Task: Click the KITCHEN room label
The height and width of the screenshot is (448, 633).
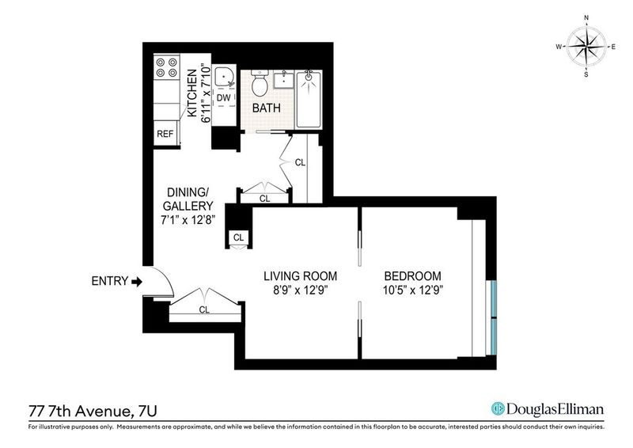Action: [192, 93]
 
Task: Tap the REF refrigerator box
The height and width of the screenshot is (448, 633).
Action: [165, 133]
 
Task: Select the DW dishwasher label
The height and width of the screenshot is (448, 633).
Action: [224, 98]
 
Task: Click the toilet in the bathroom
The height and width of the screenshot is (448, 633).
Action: [260, 83]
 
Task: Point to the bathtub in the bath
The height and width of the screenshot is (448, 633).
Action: [309, 100]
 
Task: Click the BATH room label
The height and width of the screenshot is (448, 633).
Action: [267, 108]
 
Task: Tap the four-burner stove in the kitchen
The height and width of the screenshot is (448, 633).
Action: [167, 67]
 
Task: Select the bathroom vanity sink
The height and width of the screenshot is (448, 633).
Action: [284, 80]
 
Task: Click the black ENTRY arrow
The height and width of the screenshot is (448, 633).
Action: [137, 281]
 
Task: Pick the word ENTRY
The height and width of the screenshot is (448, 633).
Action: [110, 281]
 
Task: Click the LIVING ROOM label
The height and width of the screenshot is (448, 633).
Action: [301, 276]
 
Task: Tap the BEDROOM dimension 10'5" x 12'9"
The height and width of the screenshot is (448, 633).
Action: [413, 290]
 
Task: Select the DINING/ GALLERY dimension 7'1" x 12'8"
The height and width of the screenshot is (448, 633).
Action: [188, 220]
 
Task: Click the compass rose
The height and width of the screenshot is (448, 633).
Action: [586, 47]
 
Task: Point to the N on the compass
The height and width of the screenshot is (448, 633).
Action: [586, 28]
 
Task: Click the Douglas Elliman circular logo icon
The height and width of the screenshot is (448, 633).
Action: [498, 408]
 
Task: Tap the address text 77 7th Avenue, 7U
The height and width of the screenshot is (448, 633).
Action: [93, 412]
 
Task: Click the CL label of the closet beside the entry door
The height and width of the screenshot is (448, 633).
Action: [204, 309]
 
